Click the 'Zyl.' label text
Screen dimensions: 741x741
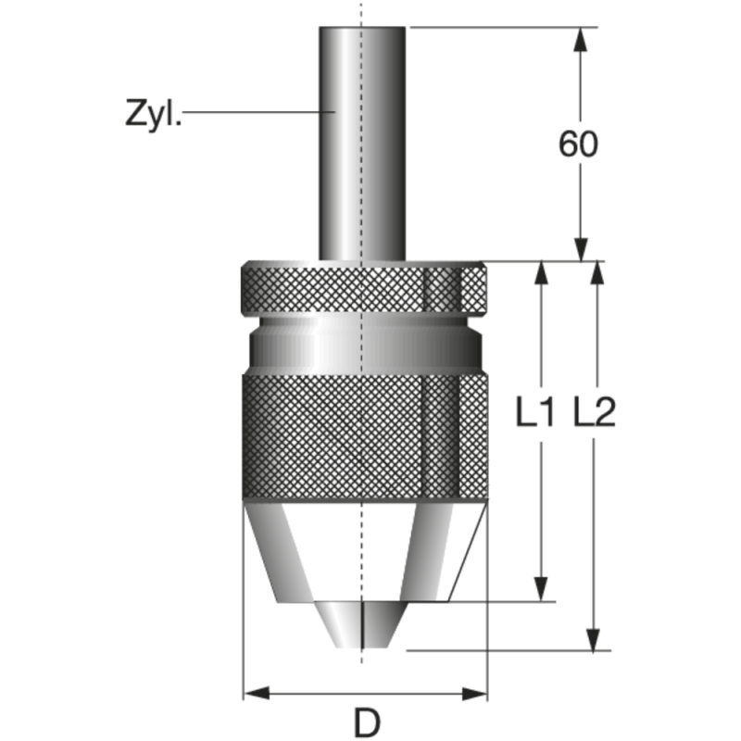coord(153,114)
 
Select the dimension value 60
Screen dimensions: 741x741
coord(578,144)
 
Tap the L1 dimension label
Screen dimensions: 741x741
coord(534,412)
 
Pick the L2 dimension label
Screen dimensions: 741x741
coord(595,412)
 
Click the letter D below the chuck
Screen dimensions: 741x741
coord(367,722)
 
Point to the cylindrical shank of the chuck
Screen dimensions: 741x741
coord(362,144)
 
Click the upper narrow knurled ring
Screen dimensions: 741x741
coord(364,288)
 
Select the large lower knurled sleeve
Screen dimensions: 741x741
coord(365,437)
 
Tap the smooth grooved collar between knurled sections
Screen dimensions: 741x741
coord(365,345)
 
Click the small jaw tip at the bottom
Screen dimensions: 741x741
coord(361,624)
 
